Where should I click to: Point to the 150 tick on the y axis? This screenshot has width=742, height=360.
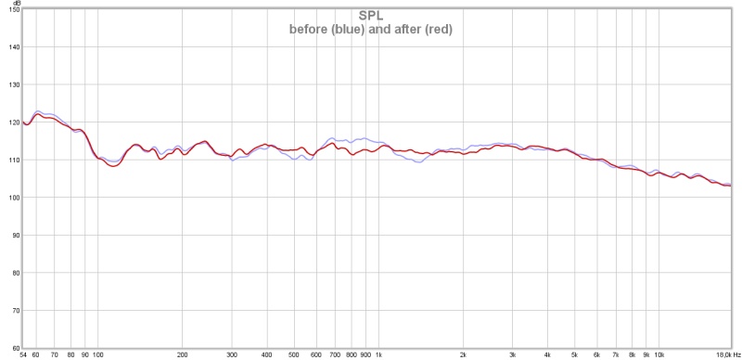point(10,9)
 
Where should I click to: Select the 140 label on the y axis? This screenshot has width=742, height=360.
point(10,46)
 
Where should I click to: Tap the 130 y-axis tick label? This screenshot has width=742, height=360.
point(10,84)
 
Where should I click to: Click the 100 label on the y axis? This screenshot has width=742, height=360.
point(10,198)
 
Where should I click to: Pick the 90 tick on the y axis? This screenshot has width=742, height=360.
point(12,236)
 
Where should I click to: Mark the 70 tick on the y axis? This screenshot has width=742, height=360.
point(12,311)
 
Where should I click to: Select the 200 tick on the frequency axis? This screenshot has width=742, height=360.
point(183,354)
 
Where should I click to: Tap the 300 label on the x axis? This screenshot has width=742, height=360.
point(232,354)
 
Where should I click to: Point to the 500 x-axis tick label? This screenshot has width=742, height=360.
point(294,354)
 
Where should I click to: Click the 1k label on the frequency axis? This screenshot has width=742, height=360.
point(378,354)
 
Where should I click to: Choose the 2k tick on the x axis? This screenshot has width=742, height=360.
point(463,354)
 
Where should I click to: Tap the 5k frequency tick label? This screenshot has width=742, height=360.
point(574,354)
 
